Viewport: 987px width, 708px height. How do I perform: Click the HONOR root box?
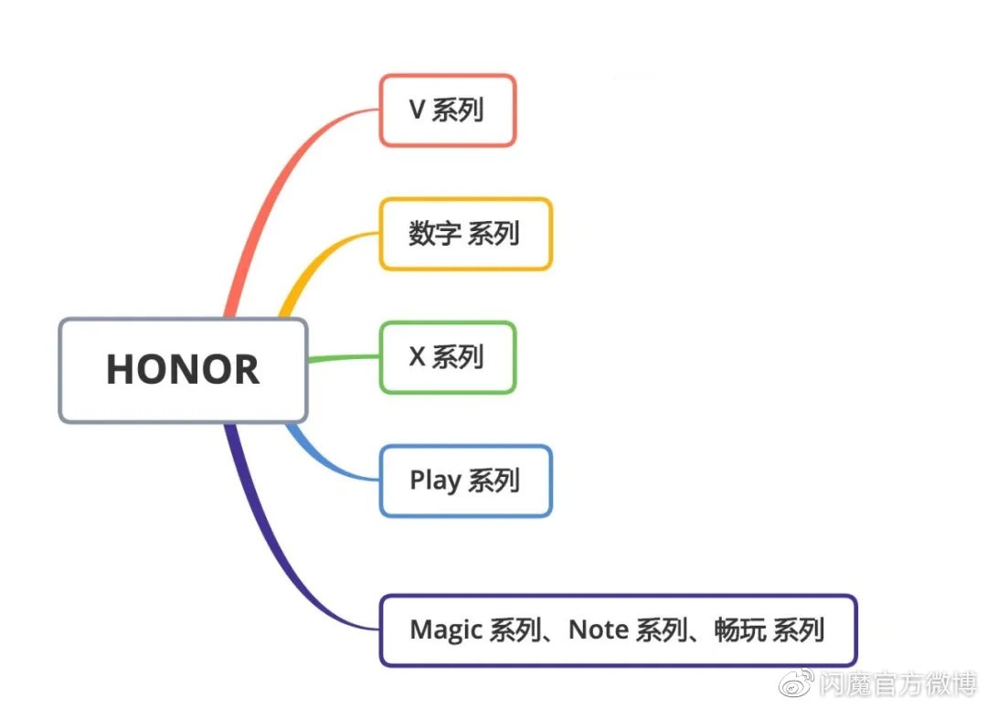click(x=183, y=370)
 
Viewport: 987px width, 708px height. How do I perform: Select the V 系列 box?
click(x=448, y=111)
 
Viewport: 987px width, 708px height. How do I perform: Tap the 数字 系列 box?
click(x=465, y=234)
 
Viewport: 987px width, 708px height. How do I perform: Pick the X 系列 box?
click(x=448, y=357)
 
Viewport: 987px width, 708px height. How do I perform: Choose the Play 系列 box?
click(x=465, y=481)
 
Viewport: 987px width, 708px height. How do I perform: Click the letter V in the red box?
click(x=417, y=111)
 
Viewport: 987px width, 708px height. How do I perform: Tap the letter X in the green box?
click(x=417, y=357)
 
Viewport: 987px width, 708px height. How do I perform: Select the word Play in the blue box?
click(x=435, y=481)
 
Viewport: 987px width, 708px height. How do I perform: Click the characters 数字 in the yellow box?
click(x=434, y=234)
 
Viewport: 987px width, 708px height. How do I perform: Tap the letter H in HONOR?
click(x=122, y=370)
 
